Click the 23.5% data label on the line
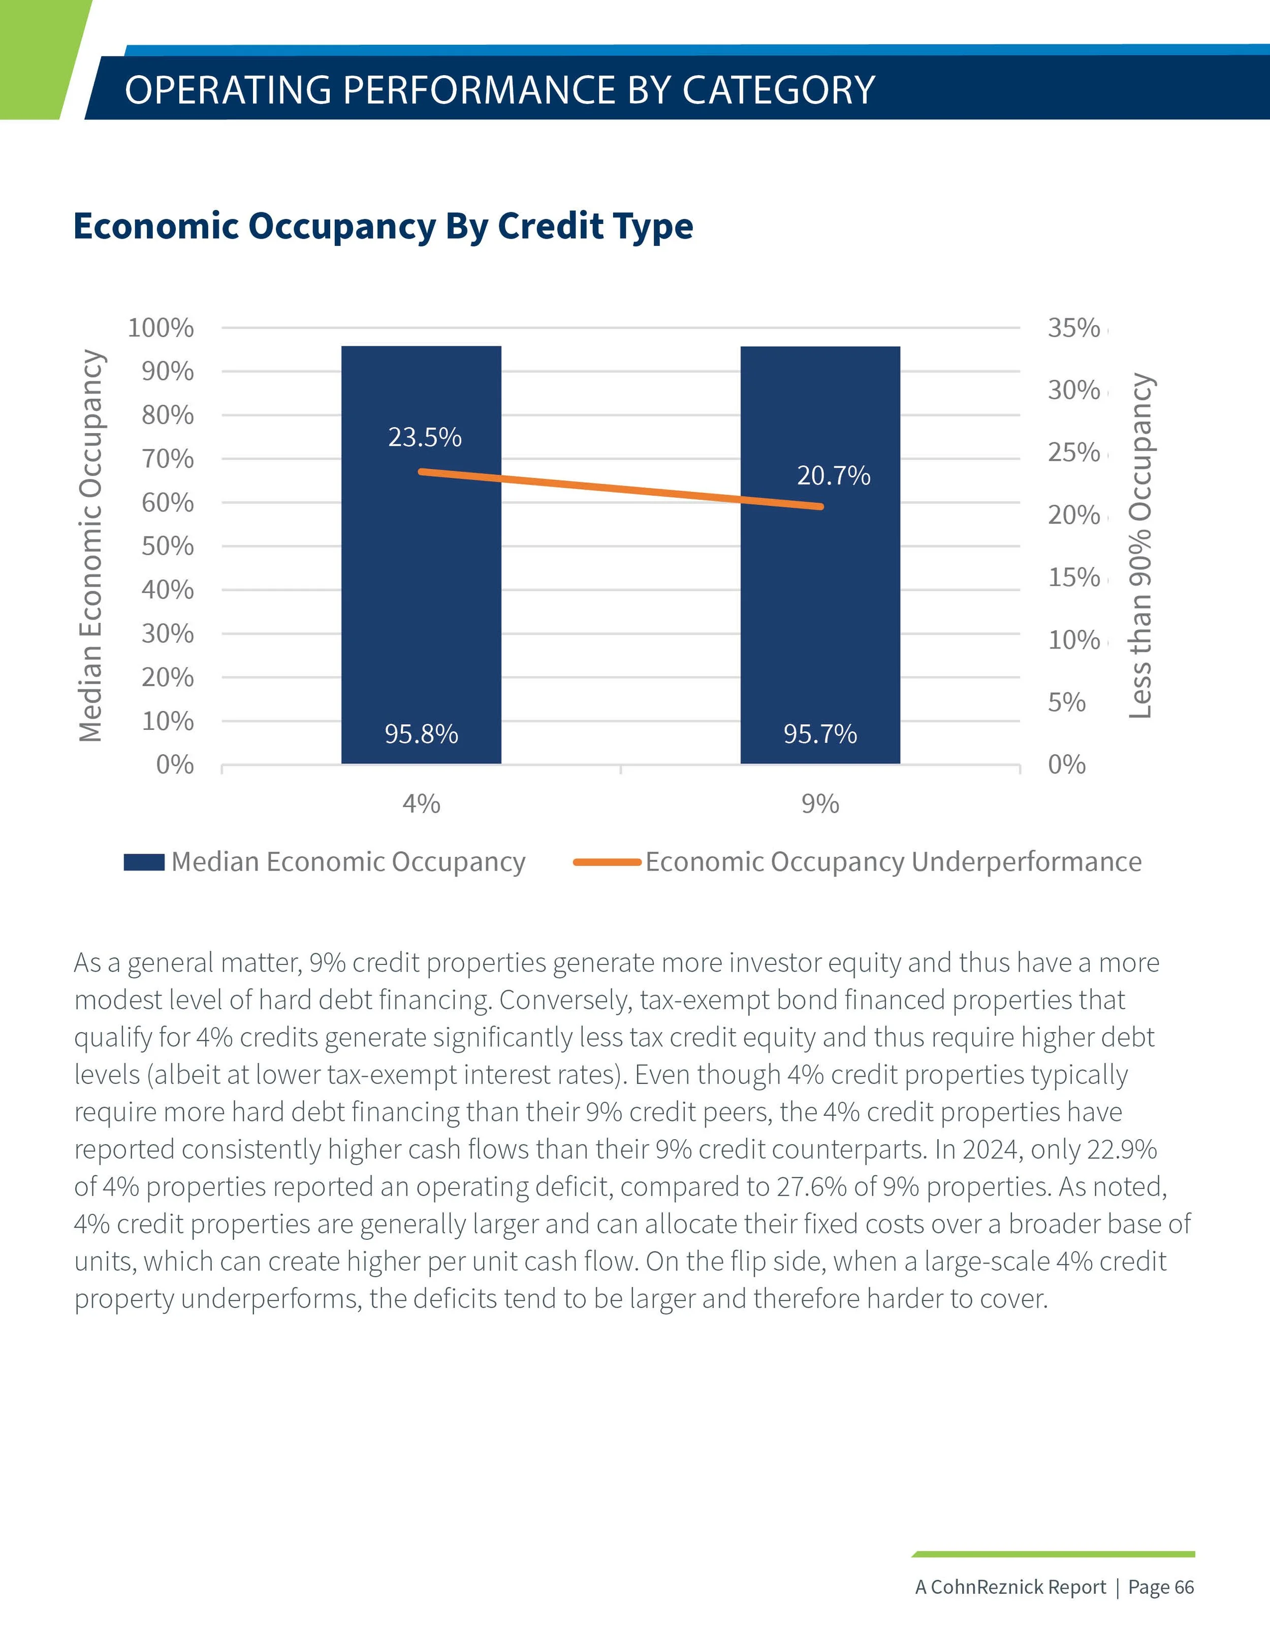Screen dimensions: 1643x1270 (x=424, y=437)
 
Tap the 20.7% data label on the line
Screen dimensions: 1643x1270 (x=833, y=475)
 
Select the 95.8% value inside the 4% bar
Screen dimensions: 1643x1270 (x=421, y=733)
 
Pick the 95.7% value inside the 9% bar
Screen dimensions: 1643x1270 (x=819, y=733)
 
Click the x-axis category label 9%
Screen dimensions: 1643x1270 (x=819, y=803)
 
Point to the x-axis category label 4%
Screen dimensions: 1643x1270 (x=421, y=803)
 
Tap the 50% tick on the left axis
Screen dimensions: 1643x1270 (x=167, y=546)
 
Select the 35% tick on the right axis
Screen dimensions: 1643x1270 (x=1073, y=328)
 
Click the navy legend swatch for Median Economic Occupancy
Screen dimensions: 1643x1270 (x=144, y=862)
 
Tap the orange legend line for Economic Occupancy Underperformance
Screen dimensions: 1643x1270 (x=606, y=862)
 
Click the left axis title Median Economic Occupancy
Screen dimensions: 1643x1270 (x=91, y=545)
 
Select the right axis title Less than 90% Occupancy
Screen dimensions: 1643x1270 (x=1140, y=545)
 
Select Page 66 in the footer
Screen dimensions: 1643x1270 (x=1160, y=1587)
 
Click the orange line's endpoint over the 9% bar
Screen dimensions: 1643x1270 (x=820, y=506)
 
